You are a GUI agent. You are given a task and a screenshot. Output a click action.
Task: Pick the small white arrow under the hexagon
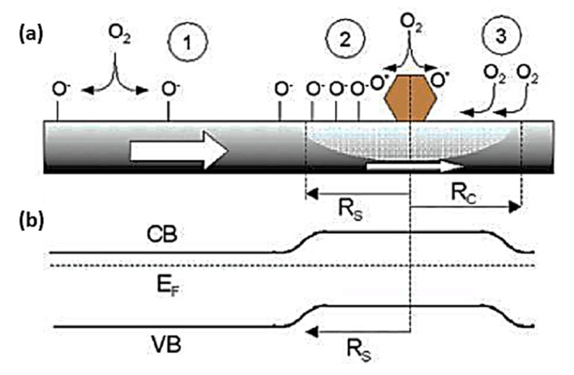pyautogui.click(x=413, y=166)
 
